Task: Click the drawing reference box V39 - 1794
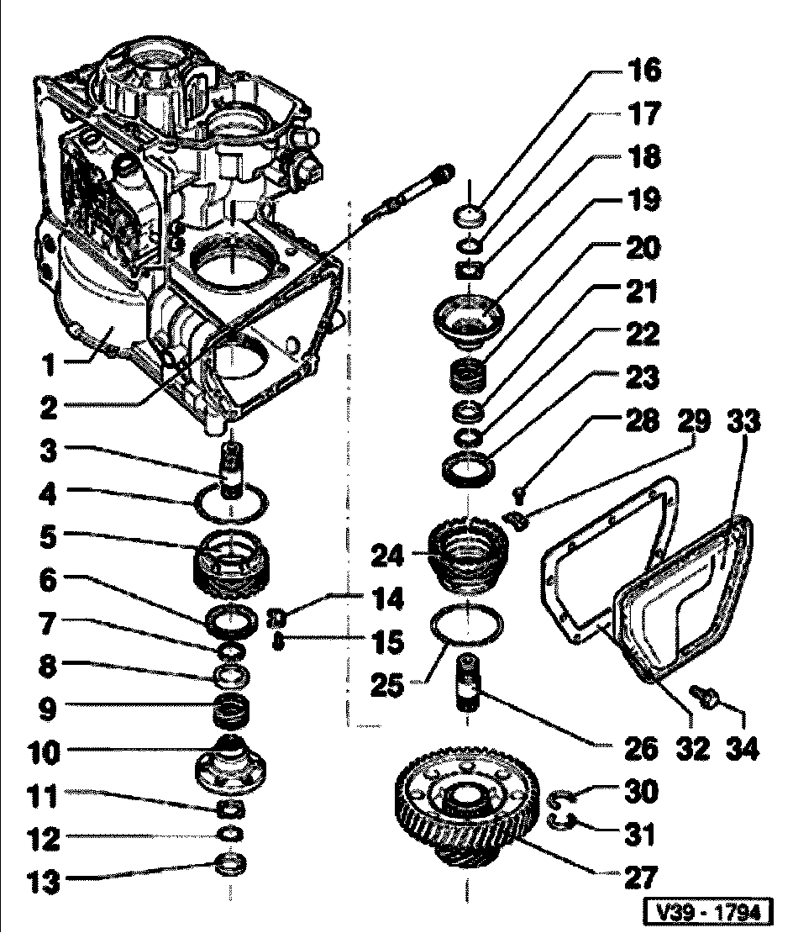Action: pos(706,912)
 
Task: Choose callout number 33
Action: pos(743,421)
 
